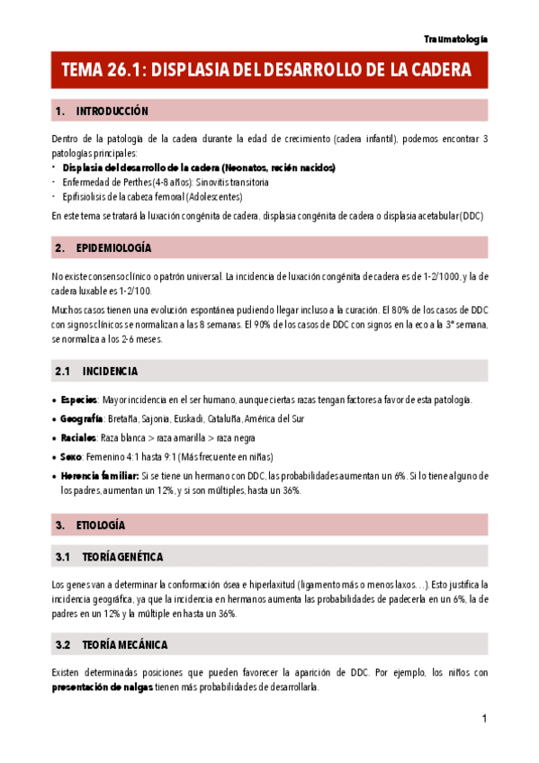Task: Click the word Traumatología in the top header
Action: (455, 39)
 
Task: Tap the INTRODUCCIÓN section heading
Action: (112, 111)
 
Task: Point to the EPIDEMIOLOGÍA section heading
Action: (113, 247)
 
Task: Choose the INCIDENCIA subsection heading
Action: (110, 371)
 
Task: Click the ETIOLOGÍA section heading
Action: (101, 525)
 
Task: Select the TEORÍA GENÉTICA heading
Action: (121, 558)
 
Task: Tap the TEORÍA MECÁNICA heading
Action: (123, 645)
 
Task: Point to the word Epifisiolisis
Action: (86, 196)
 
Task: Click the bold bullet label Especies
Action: (79, 399)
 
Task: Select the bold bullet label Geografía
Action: (82, 418)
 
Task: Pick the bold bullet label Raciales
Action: (79, 437)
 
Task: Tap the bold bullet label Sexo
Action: (71, 456)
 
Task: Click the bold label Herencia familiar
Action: (100, 475)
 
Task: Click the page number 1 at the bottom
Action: (484, 719)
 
